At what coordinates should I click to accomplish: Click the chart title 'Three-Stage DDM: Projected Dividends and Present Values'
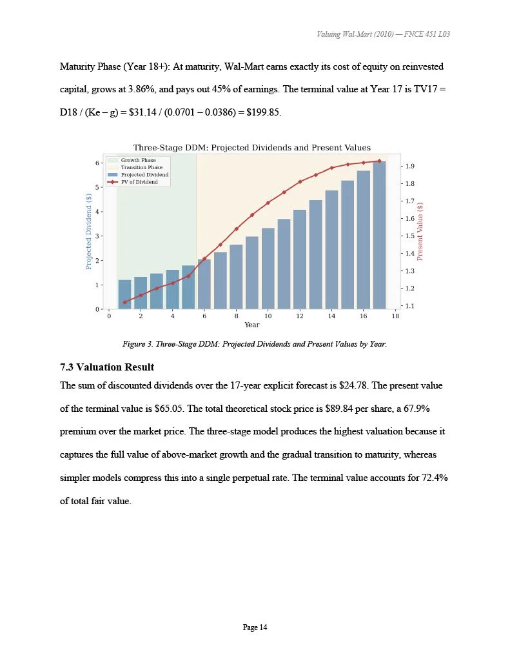click(251, 148)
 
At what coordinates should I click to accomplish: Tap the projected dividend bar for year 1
click(124, 294)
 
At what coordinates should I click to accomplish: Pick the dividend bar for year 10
click(268, 269)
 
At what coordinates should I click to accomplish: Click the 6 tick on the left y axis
click(97, 163)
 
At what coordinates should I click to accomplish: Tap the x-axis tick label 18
click(395, 316)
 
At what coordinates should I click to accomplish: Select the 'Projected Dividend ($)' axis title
click(88, 232)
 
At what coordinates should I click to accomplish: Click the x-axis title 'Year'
click(251, 325)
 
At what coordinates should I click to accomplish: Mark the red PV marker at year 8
click(236, 229)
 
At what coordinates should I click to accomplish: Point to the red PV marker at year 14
click(331, 168)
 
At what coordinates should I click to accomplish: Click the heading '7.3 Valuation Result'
click(106, 367)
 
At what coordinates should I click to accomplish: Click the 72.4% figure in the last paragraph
click(429, 478)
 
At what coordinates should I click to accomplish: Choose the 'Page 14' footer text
click(255, 627)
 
